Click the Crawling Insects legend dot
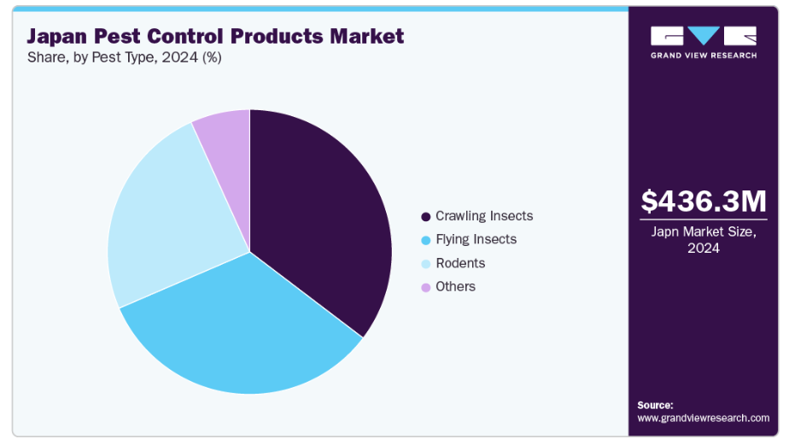425,216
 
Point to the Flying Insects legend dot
425,240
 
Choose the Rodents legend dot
425,264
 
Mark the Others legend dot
425,287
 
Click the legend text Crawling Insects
483,216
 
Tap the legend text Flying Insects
476,239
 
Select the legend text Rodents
459,263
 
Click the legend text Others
455,287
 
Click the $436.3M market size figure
704,202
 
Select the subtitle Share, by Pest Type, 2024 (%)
124,57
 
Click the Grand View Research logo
703,41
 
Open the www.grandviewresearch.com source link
703,418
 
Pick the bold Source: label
655,405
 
